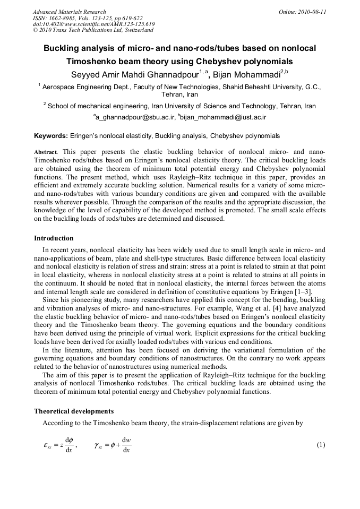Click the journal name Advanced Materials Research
(69, 12)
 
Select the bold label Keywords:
(50, 136)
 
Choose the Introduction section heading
(54, 238)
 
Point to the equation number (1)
(320, 445)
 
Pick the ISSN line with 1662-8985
(88, 18)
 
